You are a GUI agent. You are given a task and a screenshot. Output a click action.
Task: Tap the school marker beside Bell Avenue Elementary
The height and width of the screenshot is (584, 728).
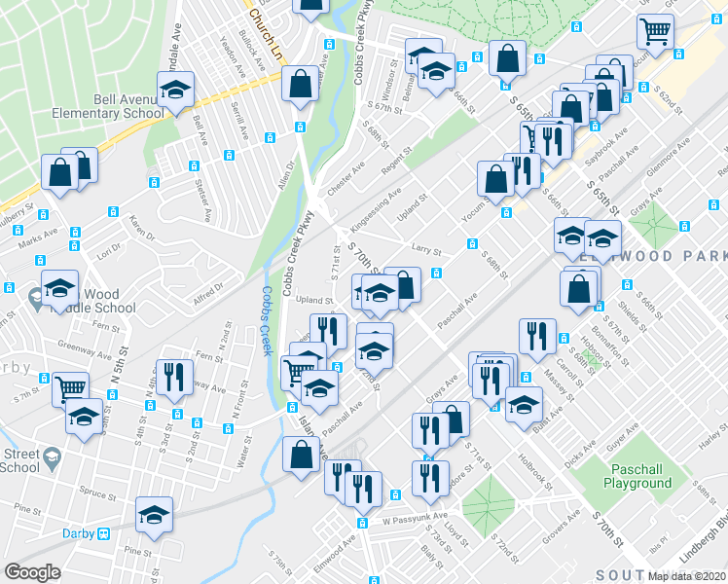175,93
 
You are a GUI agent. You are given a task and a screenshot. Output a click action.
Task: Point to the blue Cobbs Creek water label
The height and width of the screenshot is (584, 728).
267,322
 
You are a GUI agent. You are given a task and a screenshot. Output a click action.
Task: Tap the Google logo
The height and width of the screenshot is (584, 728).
33,572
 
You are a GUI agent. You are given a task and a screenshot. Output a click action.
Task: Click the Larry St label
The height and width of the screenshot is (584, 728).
427,250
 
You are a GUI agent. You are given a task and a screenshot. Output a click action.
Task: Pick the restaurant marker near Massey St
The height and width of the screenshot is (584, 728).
537,337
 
